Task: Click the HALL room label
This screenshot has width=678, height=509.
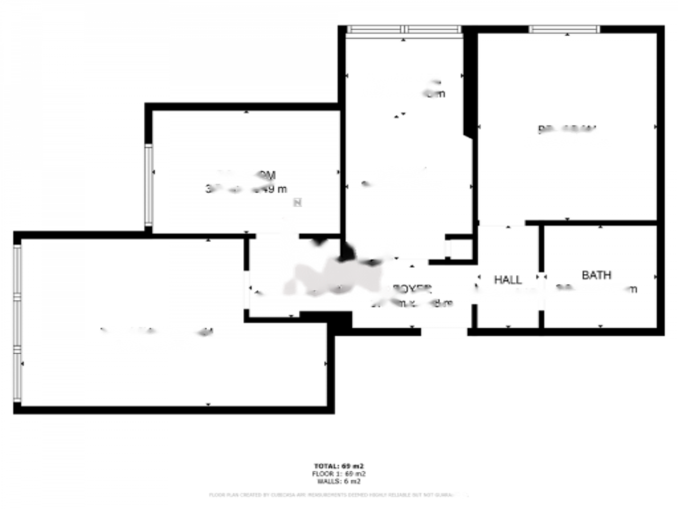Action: click(x=507, y=279)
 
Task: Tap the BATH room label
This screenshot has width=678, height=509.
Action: click(x=596, y=275)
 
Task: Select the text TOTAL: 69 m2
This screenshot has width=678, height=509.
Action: click(x=339, y=467)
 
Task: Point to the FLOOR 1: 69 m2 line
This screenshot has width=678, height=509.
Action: click(x=339, y=474)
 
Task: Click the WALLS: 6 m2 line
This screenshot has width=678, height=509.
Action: click(x=339, y=481)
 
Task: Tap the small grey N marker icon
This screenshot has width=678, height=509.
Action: click(x=298, y=202)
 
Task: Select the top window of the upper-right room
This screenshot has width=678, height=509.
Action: click(x=565, y=29)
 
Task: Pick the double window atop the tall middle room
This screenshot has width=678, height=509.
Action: click(x=404, y=30)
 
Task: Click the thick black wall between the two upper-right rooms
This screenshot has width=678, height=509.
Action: click(x=469, y=80)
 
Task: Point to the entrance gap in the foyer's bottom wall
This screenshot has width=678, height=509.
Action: click(x=444, y=331)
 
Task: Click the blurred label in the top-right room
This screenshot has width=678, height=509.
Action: click(x=567, y=129)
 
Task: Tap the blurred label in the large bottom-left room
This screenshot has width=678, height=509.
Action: click(x=157, y=332)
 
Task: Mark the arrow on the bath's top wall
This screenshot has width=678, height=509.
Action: click(x=600, y=227)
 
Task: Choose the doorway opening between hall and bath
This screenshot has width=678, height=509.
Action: click(x=542, y=277)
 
